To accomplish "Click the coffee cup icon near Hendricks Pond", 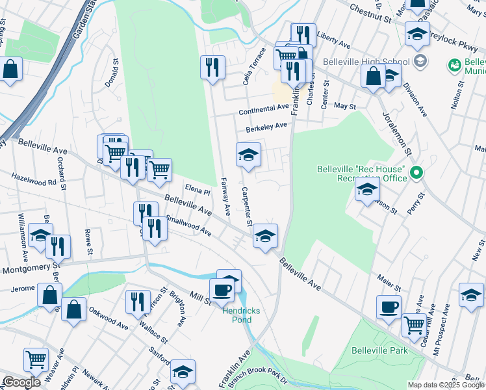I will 222,289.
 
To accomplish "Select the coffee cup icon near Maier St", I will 389,306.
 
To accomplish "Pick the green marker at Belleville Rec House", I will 416,174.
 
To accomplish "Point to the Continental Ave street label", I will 264,107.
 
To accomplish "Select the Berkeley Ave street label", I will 266,126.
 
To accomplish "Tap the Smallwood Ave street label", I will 188,226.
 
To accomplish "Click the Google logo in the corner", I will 21,382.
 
